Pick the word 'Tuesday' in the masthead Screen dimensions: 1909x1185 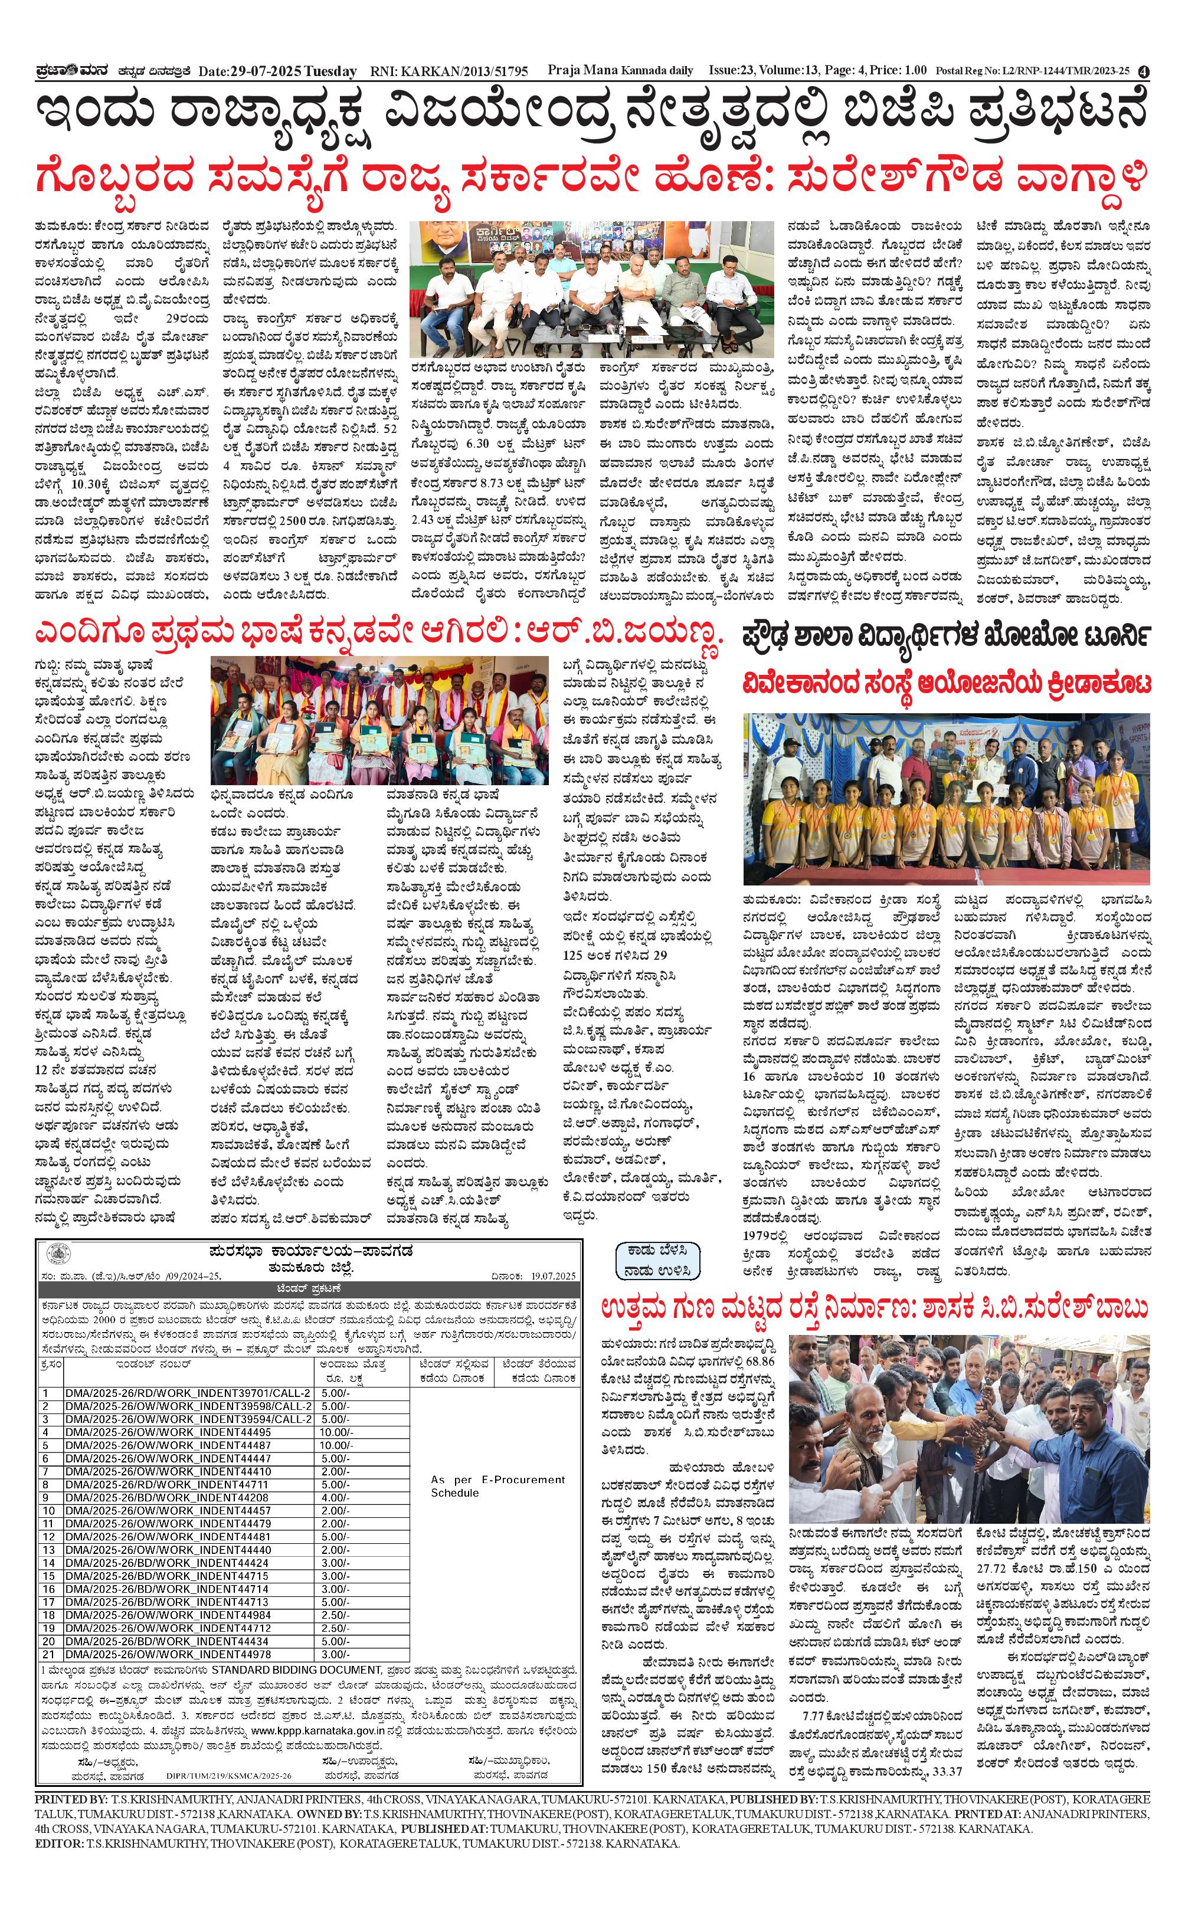click(330, 71)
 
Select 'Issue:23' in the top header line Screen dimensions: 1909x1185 click(732, 71)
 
